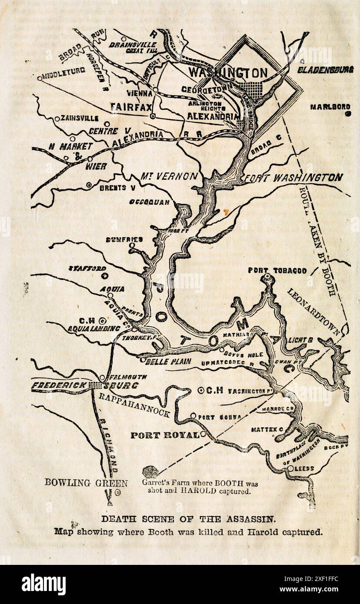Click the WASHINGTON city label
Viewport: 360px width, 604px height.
pyautogui.click(x=227, y=72)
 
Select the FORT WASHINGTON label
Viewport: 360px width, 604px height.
pyautogui.click(x=292, y=177)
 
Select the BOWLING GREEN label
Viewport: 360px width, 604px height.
pyautogui.click(x=86, y=482)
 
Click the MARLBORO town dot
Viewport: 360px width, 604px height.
pyautogui.click(x=347, y=114)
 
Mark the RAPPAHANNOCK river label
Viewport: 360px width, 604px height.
pyautogui.click(x=134, y=405)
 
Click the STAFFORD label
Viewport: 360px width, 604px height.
pyautogui.click(x=87, y=268)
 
